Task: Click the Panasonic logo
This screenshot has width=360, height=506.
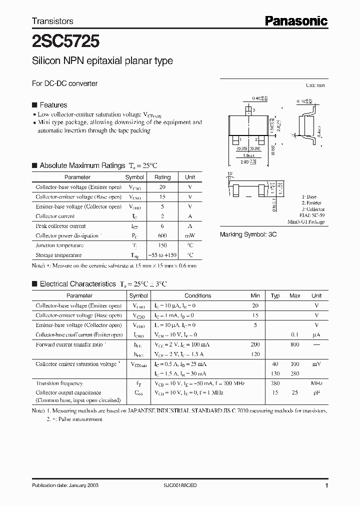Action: point(295,20)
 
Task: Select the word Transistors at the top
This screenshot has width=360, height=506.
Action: point(52,21)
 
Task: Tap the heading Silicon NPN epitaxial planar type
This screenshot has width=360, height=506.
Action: point(102,61)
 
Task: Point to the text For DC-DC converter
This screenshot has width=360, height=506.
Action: point(64,83)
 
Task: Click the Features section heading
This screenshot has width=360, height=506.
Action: point(53,105)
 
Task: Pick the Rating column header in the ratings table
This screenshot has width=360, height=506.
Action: point(162,177)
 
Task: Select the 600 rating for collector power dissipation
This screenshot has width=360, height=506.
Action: point(162,235)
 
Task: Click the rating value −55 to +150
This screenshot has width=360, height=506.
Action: point(162,255)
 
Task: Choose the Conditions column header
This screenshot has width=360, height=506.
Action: point(197,295)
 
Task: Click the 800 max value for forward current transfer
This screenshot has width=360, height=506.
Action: point(295,344)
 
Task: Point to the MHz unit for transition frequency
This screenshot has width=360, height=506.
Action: point(316,383)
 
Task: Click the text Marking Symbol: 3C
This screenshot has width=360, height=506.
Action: point(248,234)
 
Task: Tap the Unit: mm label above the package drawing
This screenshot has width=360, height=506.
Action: point(315,85)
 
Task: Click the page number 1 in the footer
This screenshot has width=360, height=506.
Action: point(326,485)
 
